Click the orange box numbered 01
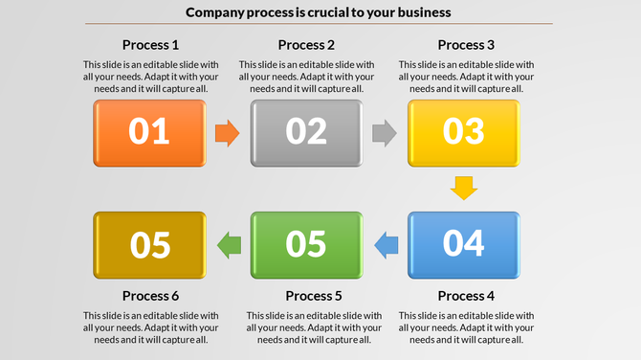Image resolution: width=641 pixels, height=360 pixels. click(149, 132)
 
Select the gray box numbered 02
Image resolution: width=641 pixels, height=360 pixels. click(306, 132)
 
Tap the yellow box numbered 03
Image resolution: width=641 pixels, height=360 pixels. click(464, 132)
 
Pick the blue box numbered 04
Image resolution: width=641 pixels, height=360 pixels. click(464, 245)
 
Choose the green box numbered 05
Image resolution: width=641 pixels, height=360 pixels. click(306, 245)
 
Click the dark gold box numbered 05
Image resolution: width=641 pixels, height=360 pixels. click(149, 245)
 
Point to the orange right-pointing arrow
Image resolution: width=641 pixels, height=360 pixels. click(227, 133)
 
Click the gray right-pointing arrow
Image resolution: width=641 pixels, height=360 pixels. click(384, 133)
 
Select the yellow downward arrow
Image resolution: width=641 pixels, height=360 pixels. click(464, 188)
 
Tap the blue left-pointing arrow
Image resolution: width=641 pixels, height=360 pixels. click(385, 245)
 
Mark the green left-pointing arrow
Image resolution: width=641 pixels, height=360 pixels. click(229, 245)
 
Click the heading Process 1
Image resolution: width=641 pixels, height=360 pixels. click(150, 45)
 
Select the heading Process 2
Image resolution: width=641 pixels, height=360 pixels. click(306, 45)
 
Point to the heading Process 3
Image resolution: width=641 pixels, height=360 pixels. click(466, 45)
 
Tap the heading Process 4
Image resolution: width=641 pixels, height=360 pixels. click(466, 295)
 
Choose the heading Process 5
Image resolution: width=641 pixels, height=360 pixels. click(314, 295)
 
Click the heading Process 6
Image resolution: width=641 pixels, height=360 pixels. click(150, 295)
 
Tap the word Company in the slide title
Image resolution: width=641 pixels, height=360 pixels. click(218, 12)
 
